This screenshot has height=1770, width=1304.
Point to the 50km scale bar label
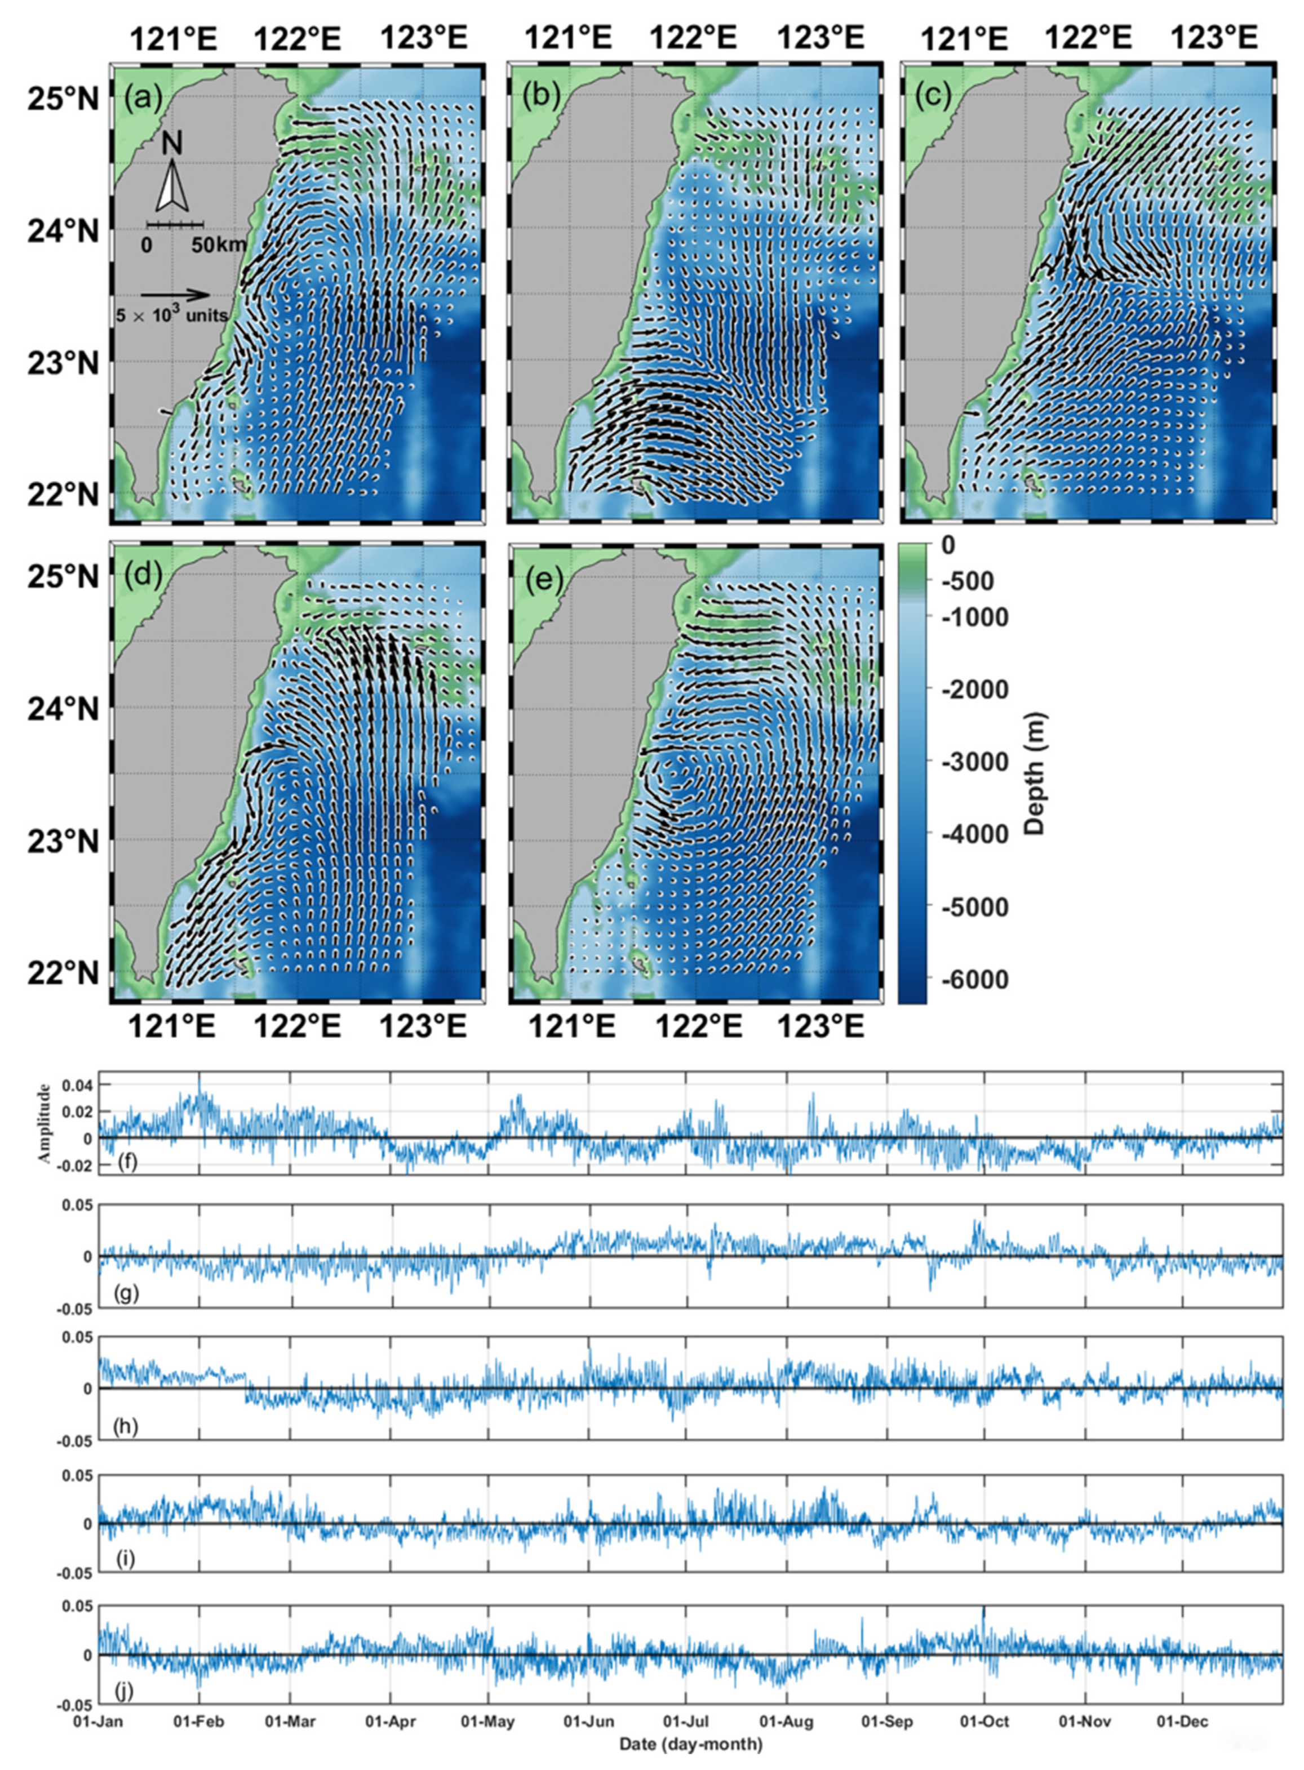[x=218, y=246]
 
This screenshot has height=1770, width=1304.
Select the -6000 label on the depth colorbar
[x=973, y=979]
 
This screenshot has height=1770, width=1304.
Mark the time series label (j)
[x=126, y=1691]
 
